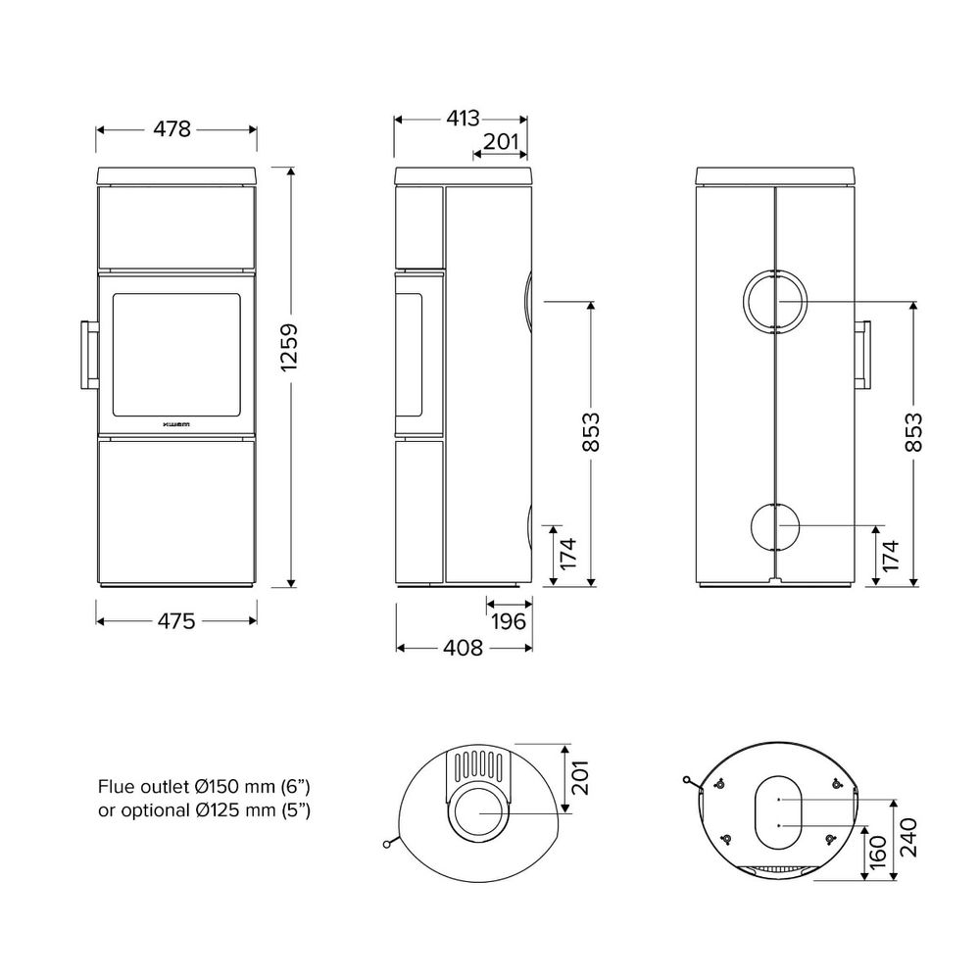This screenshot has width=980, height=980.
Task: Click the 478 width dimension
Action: pyautogui.click(x=171, y=129)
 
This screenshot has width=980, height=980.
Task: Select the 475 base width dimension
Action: pyautogui.click(x=176, y=621)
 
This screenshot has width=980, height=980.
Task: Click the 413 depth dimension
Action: pyautogui.click(x=463, y=119)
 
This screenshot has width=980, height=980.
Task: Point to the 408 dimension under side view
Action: pyautogui.click(x=464, y=648)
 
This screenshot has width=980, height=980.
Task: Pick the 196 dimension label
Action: pyautogui.click(x=509, y=621)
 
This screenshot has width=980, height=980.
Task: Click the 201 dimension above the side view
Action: pyautogui.click(x=502, y=142)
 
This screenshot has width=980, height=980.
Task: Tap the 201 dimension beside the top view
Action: pyautogui.click(x=580, y=777)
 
